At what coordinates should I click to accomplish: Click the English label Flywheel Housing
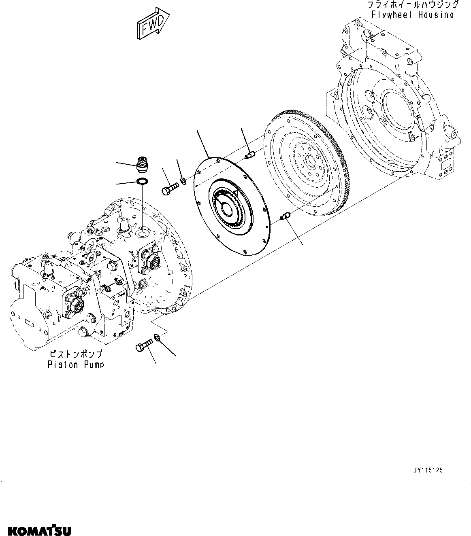point(412,15)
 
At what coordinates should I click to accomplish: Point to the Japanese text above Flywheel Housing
point(412,5)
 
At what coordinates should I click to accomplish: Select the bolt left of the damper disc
point(170,189)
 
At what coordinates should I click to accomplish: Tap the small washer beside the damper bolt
point(183,180)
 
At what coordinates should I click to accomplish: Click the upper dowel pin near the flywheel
point(249,154)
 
